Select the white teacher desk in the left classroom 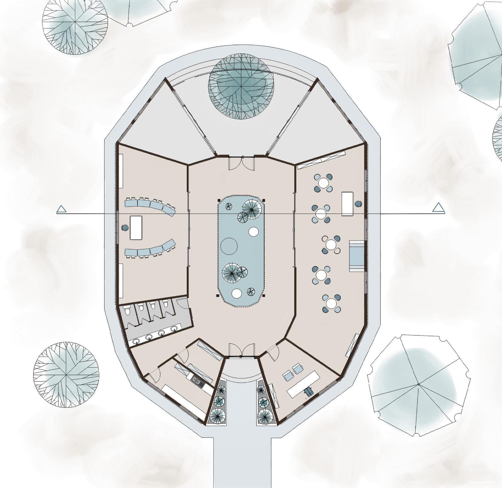pos(136,228)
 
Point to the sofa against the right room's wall pos(357,256)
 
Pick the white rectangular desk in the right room pos(348,204)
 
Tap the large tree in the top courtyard pos(241,86)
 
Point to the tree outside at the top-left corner pos(75,22)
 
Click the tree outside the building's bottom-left pos(66,374)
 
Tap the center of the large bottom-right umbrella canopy pos(418,384)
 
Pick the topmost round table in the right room pos(323,182)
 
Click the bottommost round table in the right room pos(331,303)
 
